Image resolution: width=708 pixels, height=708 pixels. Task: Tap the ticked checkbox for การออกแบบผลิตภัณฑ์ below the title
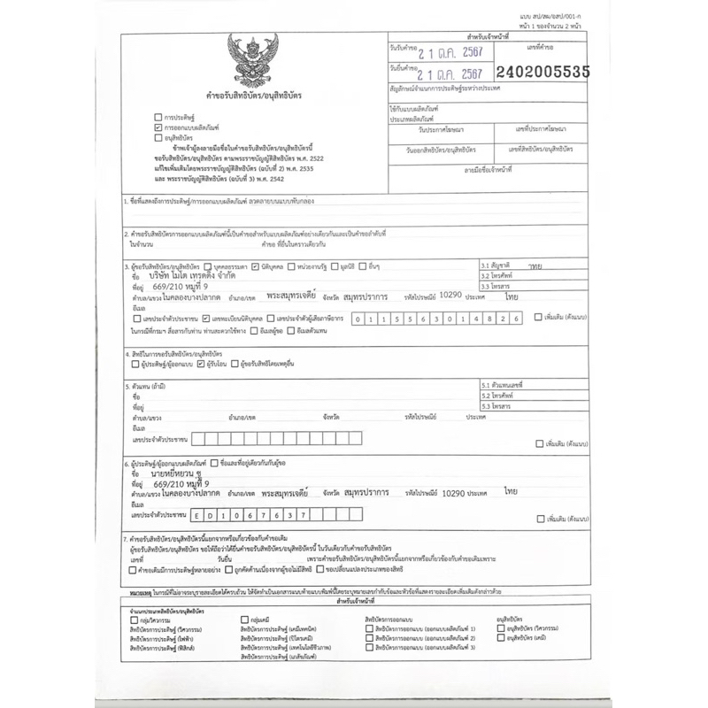[157, 127]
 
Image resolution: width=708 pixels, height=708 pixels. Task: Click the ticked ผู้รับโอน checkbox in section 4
[202, 363]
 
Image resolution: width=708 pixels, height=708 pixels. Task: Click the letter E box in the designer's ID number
[200, 514]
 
